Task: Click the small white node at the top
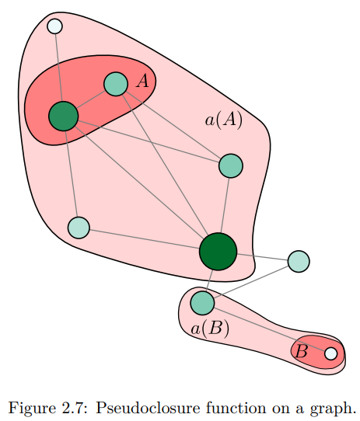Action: point(55,26)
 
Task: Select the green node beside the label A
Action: point(116,84)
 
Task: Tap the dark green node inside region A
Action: point(64,117)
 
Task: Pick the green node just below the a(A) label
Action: point(231,165)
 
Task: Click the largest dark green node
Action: point(218,252)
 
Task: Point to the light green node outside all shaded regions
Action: point(299,261)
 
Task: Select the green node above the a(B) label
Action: point(202,303)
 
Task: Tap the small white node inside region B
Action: point(331,353)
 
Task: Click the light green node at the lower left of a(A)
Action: point(79,228)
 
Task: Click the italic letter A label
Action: point(142,81)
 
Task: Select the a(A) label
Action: point(224,120)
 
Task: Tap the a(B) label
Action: point(210,329)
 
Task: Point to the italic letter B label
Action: point(301,351)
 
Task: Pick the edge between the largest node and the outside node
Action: point(262,257)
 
